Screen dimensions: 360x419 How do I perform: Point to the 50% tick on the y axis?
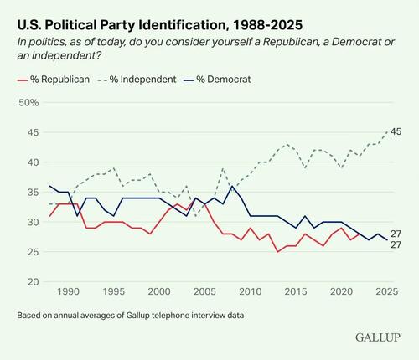(x=30, y=102)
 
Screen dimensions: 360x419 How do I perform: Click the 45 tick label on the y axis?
(x=31, y=132)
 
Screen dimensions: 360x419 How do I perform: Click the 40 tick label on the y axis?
(x=31, y=162)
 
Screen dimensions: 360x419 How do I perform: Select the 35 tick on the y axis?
(x=31, y=193)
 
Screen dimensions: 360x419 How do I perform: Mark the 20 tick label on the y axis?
(x=31, y=282)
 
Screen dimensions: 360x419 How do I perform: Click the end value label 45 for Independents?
(x=396, y=131)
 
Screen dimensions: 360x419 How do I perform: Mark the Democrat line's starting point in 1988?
(x=50, y=186)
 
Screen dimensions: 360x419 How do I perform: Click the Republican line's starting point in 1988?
(x=50, y=216)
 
